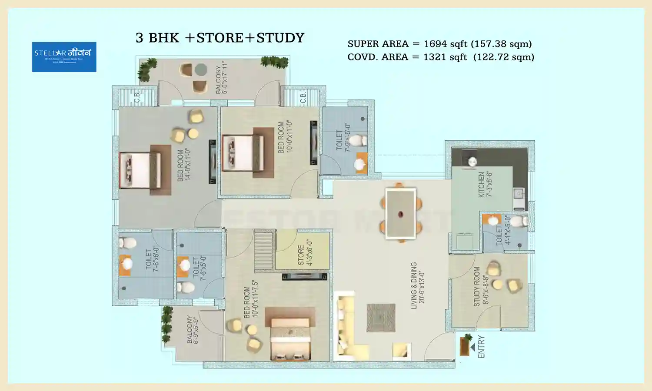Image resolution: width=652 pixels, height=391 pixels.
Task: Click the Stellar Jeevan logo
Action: point(64,56)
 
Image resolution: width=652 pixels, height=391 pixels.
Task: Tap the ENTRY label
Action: point(481,347)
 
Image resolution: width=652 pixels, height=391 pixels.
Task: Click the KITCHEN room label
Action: point(485,185)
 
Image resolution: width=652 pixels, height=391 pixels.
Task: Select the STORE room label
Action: point(304,255)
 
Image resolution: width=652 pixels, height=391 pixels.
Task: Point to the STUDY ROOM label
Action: point(481,286)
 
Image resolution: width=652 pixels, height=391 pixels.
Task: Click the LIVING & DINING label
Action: point(417,285)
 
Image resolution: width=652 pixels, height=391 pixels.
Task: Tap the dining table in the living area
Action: point(400,213)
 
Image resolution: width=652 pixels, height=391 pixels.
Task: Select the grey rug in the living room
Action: point(381,318)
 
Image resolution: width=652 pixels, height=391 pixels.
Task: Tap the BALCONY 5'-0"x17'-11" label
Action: point(221,77)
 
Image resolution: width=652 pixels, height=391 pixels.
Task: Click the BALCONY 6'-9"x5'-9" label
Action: point(193,329)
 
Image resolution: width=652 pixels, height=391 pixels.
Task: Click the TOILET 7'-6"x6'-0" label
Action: point(152,259)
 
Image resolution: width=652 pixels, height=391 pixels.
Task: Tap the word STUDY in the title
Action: point(280,38)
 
